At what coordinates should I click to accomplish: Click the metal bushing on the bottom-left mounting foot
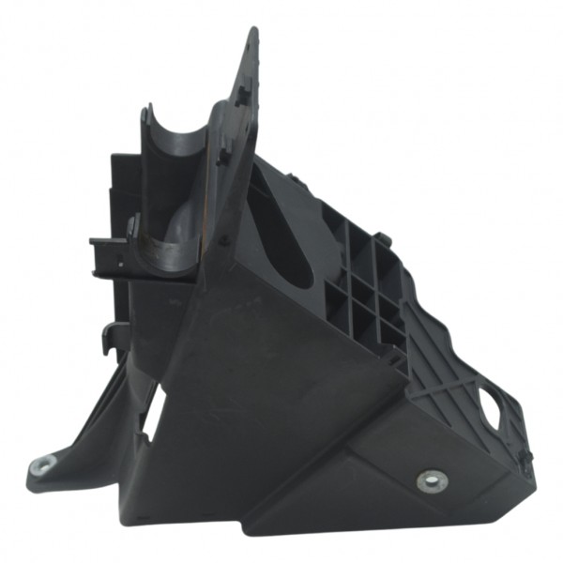(42, 464)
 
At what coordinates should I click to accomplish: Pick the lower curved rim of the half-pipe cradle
(169, 251)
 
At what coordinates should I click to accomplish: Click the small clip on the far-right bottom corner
(525, 458)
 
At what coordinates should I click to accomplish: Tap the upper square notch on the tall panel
(243, 93)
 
